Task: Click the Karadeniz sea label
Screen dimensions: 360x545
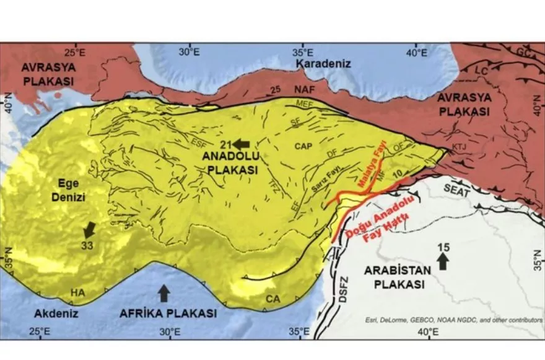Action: point(323,64)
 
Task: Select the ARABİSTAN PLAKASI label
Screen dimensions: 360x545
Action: point(394,278)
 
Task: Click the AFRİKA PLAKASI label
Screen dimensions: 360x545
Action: point(168,313)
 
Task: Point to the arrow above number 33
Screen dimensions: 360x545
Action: point(90,229)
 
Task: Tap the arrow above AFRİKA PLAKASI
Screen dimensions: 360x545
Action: point(163,292)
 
